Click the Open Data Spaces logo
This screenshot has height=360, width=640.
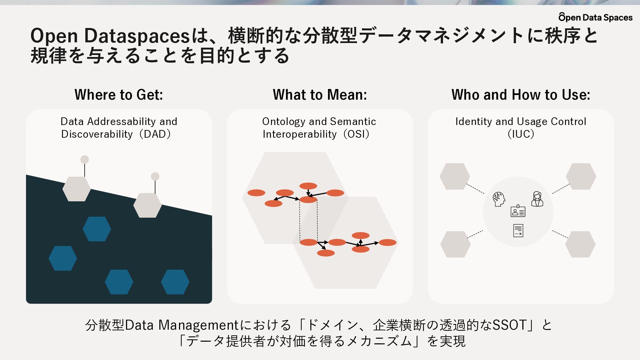(x=595, y=17)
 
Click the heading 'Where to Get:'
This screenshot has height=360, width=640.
(x=119, y=95)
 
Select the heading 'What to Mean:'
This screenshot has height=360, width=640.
(x=320, y=95)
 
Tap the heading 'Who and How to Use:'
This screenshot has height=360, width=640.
(x=521, y=95)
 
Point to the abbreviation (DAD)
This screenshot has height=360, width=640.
(x=155, y=134)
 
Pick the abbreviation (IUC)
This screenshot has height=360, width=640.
(x=521, y=134)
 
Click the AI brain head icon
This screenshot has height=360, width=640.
(x=499, y=199)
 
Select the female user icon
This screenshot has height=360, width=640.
(x=537, y=199)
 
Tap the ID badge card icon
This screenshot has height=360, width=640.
(x=518, y=211)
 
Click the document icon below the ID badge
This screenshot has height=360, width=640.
(x=518, y=230)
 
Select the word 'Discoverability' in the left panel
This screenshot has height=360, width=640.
(x=97, y=134)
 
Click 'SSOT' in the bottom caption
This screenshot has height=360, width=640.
(x=510, y=325)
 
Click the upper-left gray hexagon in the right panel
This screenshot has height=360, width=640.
(x=455, y=176)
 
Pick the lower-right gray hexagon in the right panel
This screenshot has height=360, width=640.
(x=580, y=244)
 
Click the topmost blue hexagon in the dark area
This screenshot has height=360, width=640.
(x=97, y=229)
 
